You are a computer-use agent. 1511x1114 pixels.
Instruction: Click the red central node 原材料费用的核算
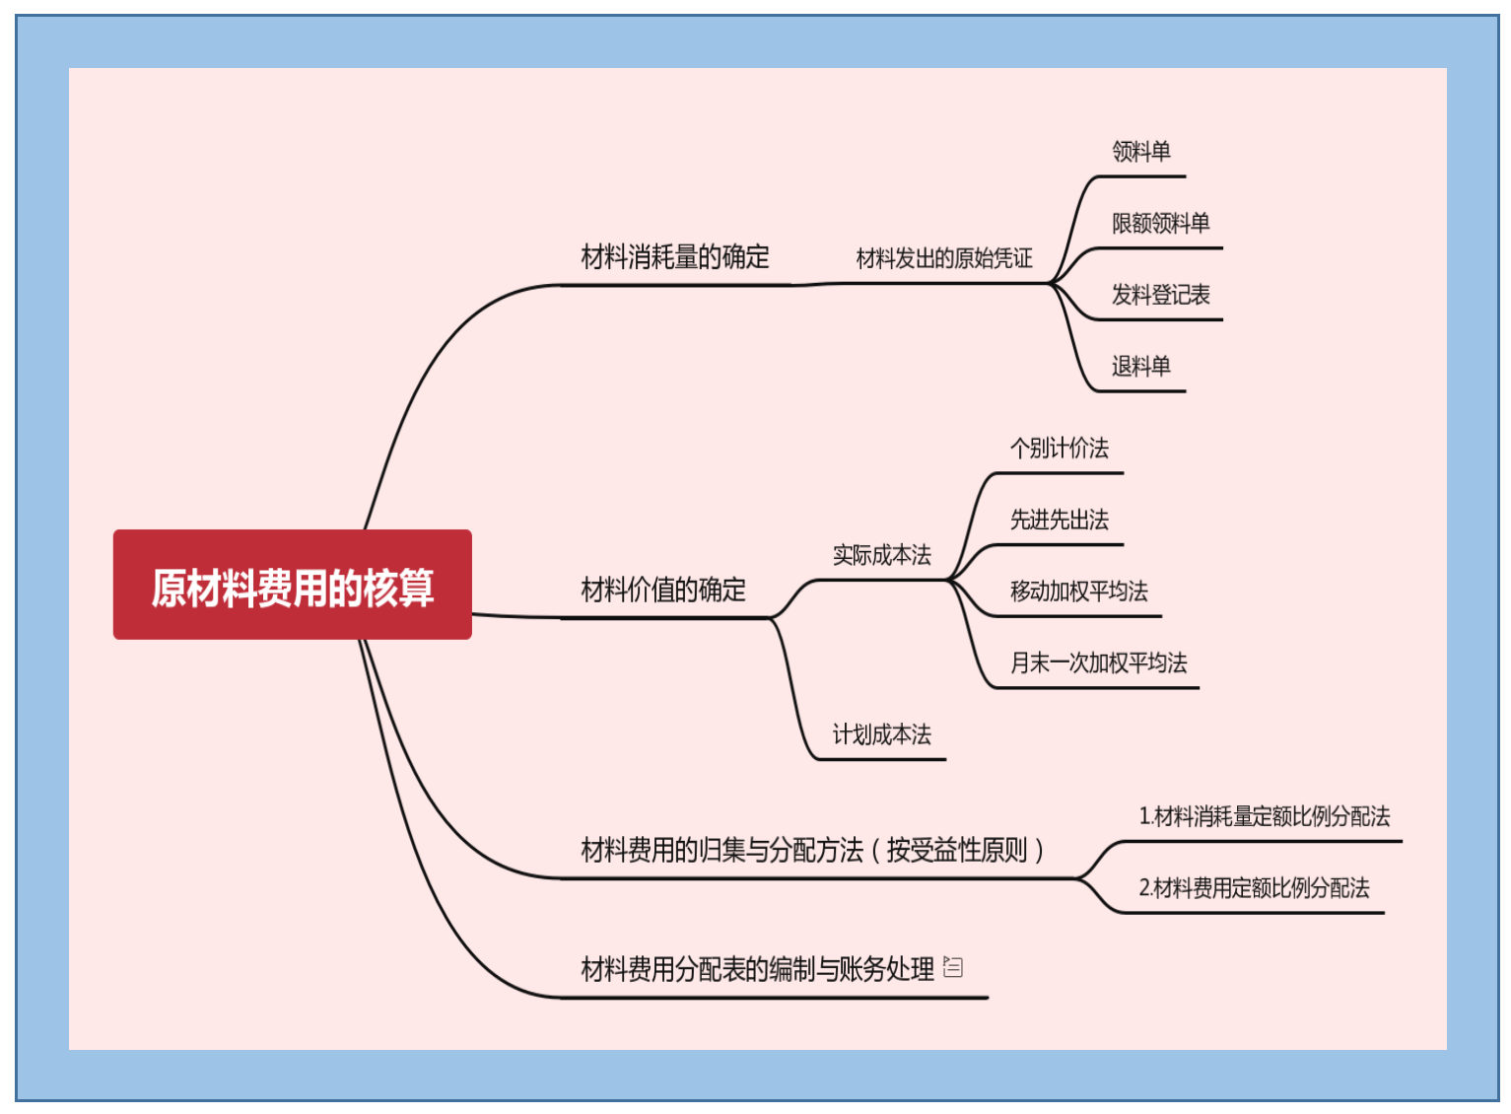(x=292, y=586)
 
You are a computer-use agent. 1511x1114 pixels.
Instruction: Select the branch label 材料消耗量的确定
(x=675, y=257)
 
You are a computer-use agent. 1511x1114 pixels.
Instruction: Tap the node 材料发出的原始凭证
(x=943, y=258)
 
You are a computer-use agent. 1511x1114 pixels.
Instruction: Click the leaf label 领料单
(x=1140, y=152)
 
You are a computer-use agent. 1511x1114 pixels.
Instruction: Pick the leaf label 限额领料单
(x=1160, y=224)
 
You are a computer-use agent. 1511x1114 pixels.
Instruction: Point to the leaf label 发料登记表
(x=1160, y=295)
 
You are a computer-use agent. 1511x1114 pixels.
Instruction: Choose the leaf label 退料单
(x=1140, y=367)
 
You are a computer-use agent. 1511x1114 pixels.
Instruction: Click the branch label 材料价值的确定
(x=663, y=590)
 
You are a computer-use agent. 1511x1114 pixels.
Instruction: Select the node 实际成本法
(x=881, y=555)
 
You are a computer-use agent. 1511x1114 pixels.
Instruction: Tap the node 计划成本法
(x=881, y=734)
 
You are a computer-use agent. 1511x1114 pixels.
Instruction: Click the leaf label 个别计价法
(x=1059, y=449)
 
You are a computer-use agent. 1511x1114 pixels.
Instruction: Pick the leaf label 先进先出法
(x=1059, y=520)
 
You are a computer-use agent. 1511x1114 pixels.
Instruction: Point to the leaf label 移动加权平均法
(x=1078, y=592)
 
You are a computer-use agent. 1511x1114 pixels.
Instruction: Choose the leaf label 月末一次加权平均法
(x=1098, y=663)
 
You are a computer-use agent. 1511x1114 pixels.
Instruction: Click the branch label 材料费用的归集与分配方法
(x=721, y=850)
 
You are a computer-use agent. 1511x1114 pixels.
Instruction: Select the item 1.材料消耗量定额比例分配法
(x=1264, y=816)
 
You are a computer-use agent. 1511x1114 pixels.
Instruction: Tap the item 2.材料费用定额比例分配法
(x=1254, y=888)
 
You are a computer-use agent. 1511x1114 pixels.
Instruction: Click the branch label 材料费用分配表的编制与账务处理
(x=757, y=970)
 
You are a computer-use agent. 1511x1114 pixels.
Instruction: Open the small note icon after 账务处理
(x=953, y=967)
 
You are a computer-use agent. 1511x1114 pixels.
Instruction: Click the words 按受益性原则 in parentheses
(x=956, y=850)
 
